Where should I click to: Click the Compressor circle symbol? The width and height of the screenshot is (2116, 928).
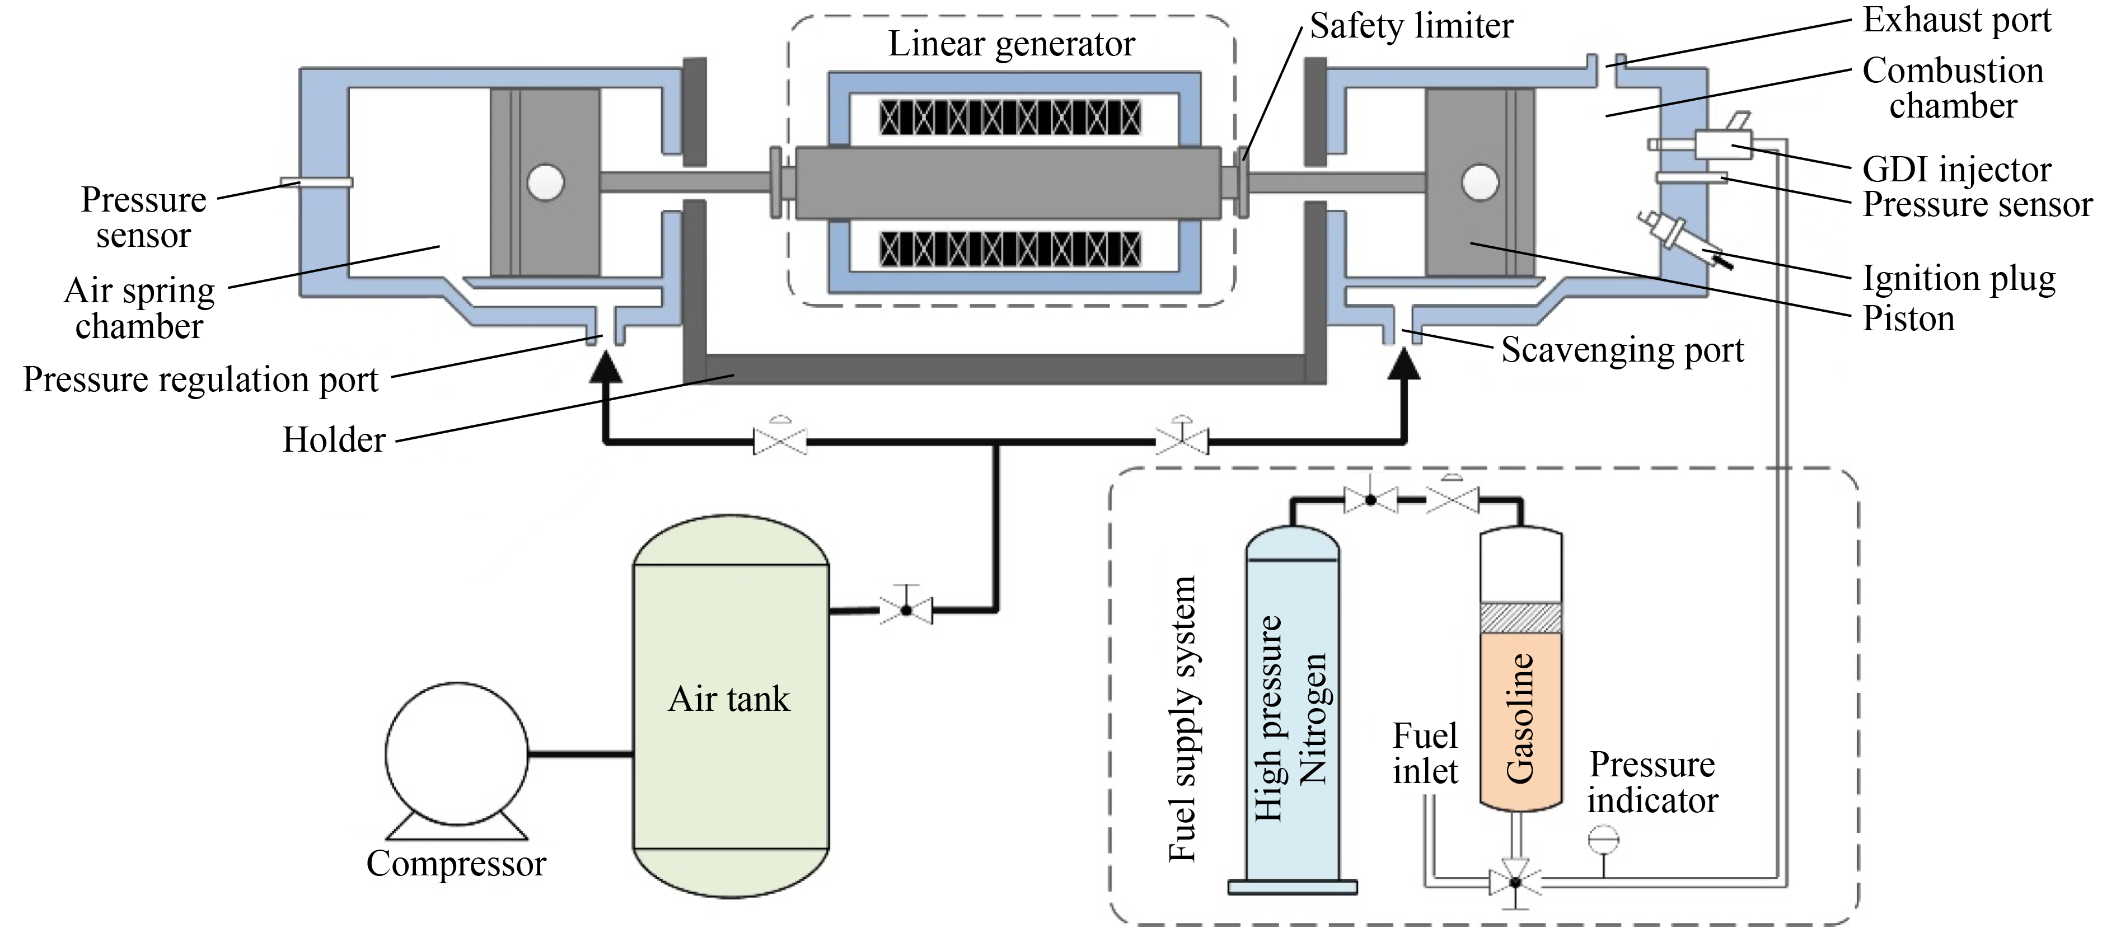[x=457, y=753]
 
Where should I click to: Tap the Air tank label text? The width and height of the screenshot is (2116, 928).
[x=729, y=699]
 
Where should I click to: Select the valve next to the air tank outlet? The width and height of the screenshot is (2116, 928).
[x=906, y=610]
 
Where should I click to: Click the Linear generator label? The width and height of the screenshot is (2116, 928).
[x=1011, y=44]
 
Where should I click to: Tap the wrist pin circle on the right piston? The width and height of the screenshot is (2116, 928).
[x=1480, y=181]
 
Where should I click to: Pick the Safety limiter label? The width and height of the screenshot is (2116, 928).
[x=1411, y=26]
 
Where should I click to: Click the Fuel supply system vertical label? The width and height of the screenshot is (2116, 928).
[x=1182, y=719]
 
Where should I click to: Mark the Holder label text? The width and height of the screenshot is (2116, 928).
[x=334, y=440]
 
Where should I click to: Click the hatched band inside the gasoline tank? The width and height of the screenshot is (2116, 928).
[x=1520, y=617]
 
